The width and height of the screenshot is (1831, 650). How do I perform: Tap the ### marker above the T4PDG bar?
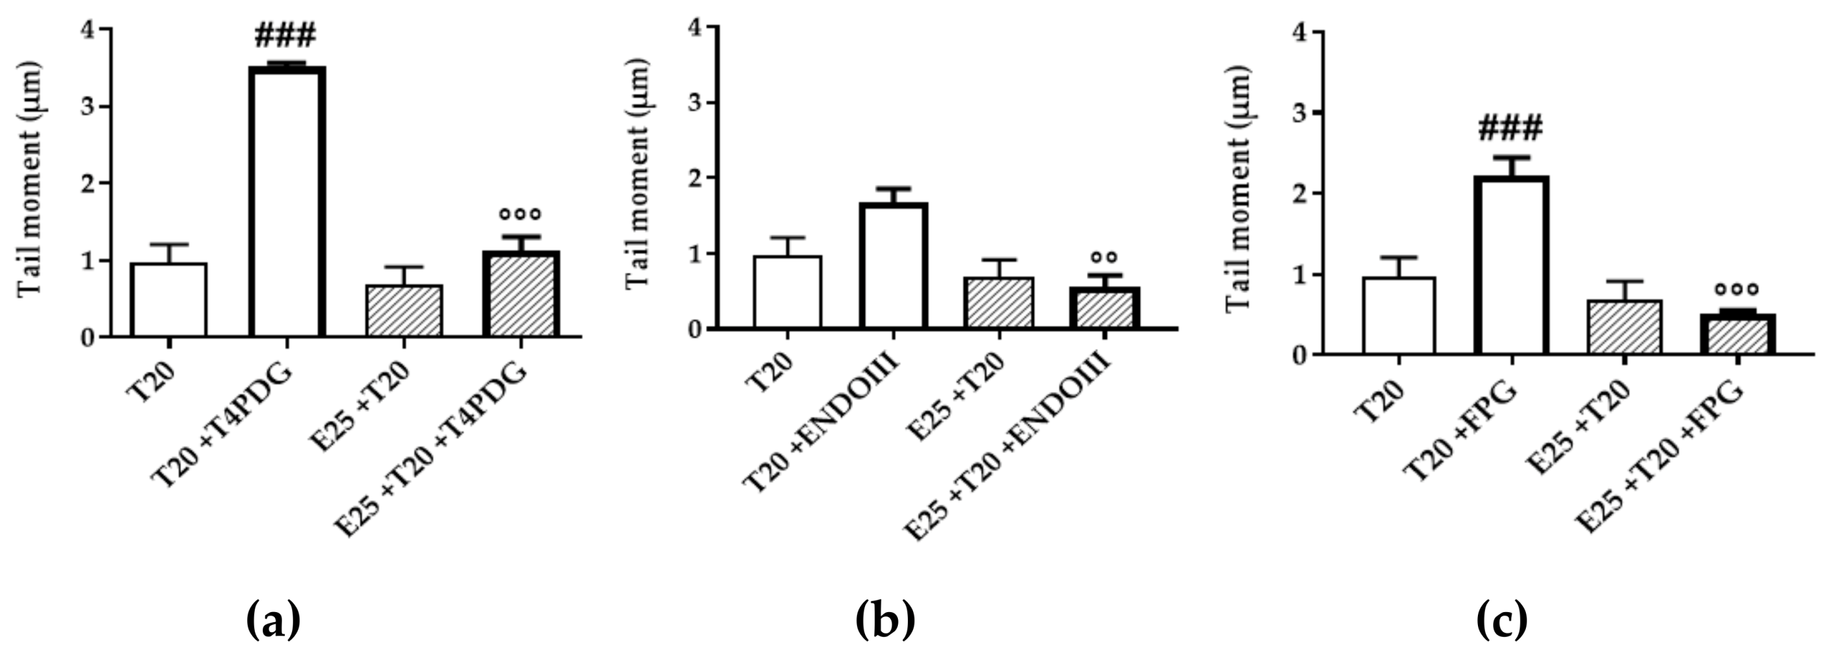tap(285, 35)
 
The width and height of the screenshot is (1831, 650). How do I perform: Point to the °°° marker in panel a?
tap(520, 213)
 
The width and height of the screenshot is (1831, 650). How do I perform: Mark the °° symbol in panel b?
tap(1104, 257)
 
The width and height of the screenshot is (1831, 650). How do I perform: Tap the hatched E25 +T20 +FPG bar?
tap(1736, 334)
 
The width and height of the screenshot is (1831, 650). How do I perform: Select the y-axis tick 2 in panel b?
tap(695, 178)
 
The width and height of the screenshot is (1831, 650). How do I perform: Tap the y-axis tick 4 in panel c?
tap(1301, 33)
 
